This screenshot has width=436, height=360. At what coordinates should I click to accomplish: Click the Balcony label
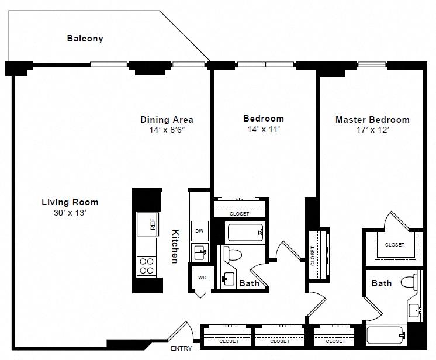point(85,39)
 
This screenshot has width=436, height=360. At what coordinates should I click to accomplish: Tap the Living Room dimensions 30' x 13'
point(70,213)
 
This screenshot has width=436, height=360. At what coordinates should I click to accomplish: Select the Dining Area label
point(167,120)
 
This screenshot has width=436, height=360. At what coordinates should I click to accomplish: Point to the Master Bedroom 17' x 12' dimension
point(373,130)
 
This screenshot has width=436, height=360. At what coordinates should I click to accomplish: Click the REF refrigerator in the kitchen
point(148,224)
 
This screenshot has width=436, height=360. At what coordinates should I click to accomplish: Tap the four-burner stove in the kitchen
point(146,266)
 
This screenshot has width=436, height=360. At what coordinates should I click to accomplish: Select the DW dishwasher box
point(200,231)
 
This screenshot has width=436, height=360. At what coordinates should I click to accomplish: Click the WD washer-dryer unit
point(202,278)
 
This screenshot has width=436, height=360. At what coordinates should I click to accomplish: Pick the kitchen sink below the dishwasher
point(200,252)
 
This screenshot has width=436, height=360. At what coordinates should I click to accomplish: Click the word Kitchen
point(175,246)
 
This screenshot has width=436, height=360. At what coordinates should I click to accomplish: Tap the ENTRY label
point(181,348)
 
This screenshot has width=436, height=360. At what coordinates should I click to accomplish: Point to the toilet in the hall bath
point(233,254)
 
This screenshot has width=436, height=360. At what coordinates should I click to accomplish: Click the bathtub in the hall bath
point(245,233)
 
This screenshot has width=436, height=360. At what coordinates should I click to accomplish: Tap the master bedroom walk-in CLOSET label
point(395,245)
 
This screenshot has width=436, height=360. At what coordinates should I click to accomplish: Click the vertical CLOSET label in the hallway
point(313,256)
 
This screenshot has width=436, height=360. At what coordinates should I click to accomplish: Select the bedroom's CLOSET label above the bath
point(239,214)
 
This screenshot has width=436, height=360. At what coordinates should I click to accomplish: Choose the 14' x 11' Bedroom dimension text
point(264,129)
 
